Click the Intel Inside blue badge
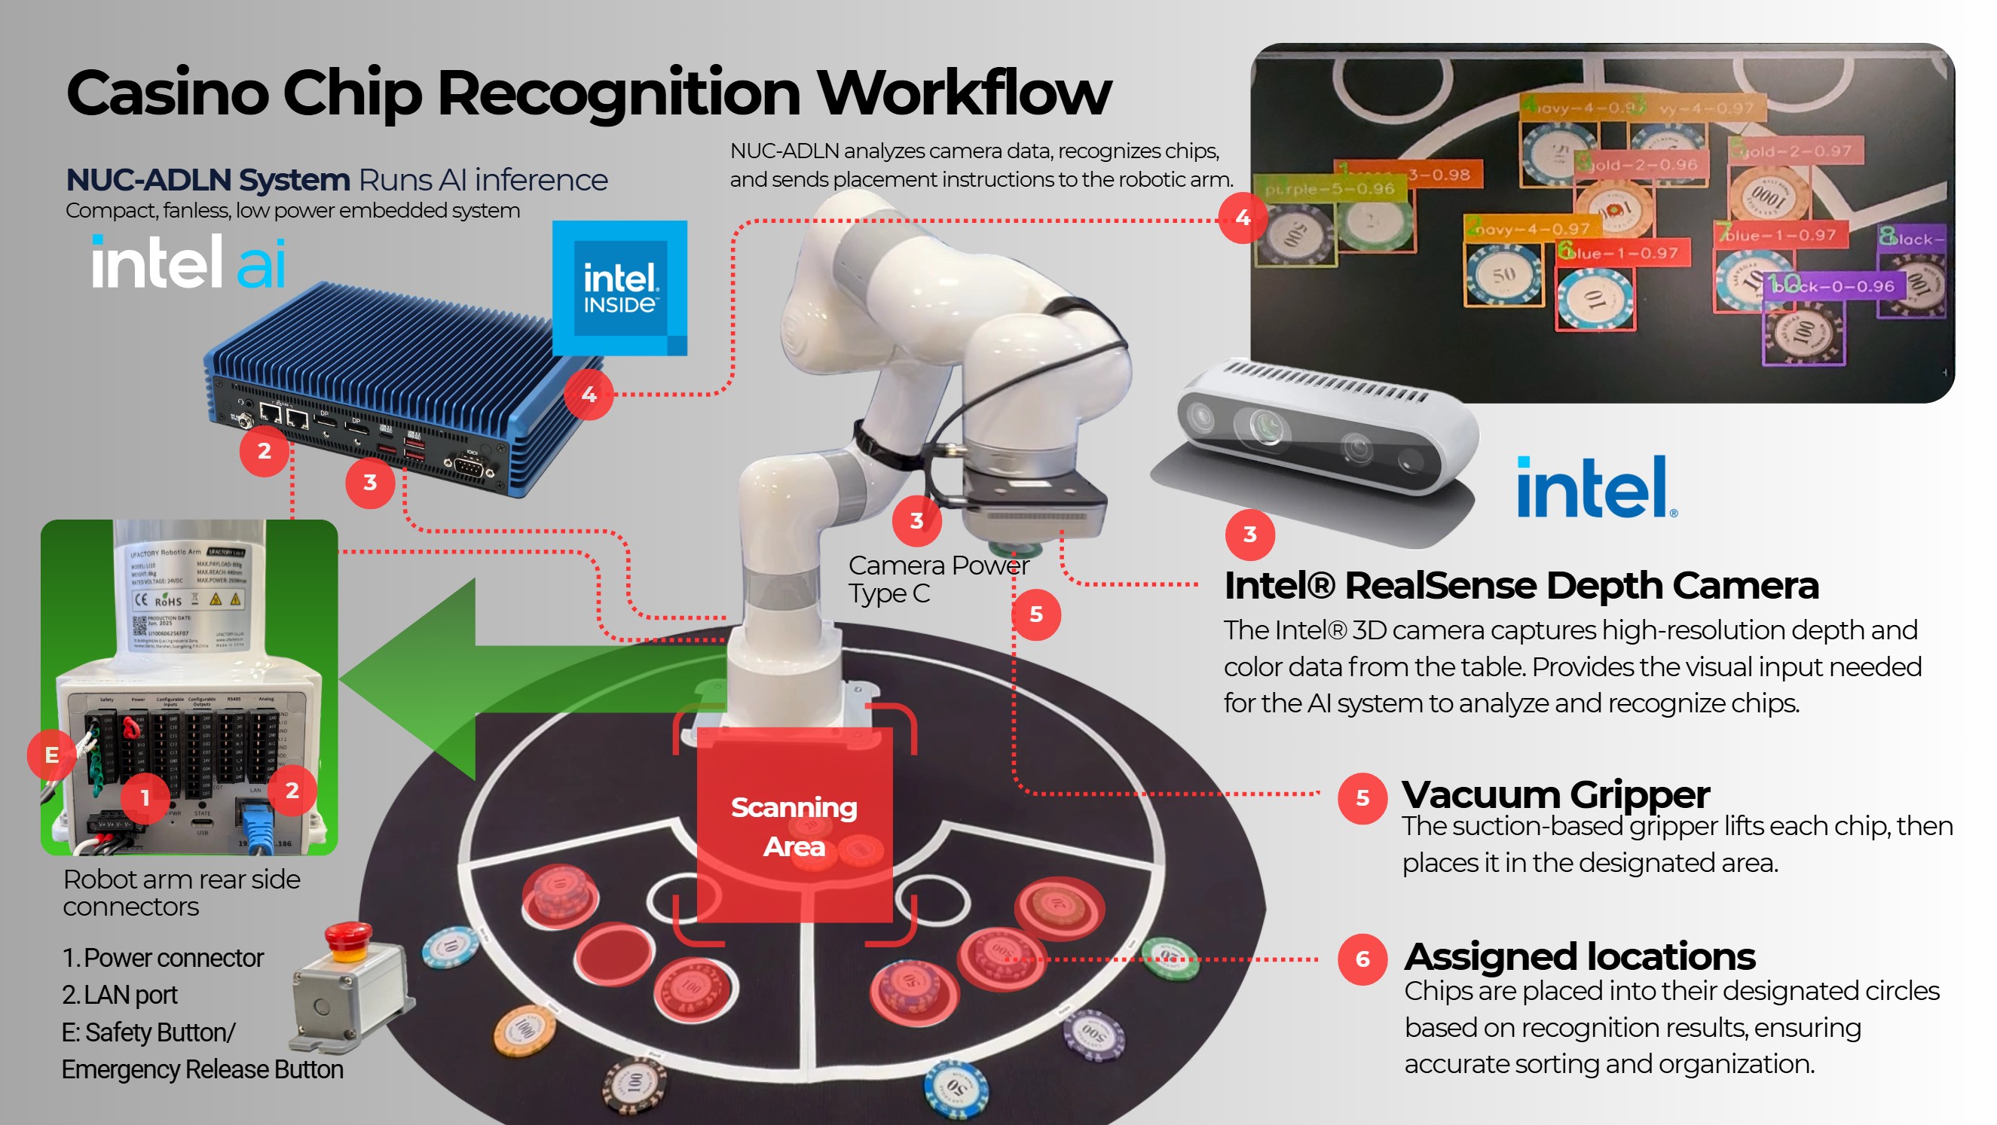pyautogui.click(x=619, y=288)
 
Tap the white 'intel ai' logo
pyautogui.click(x=188, y=262)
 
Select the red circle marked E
pyautogui.click(x=51, y=754)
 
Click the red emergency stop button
pyautogui.click(x=348, y=935)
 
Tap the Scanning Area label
pyautogui.click(x=794, y=827)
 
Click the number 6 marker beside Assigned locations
pyautogui.click(x=1361, y=959)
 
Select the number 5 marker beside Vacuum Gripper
pyautogui.click(x=1361, y=797)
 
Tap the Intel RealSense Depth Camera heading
pyautogui.click(x=1520, y=586)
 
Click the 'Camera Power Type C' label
pyautogui.click(x=937, y=580)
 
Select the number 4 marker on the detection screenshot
pyautogui.click(x=1243, y=218)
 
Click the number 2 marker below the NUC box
pyautogui.click(x=264, y=451)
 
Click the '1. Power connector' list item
pyautogui.click(x=163, y=959)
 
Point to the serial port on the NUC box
pyautogui.click(x=469, y=465)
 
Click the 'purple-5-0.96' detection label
pyautogui.click(x=1329, y=188)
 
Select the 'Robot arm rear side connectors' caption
pyautogui.click(x=181, y=892)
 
